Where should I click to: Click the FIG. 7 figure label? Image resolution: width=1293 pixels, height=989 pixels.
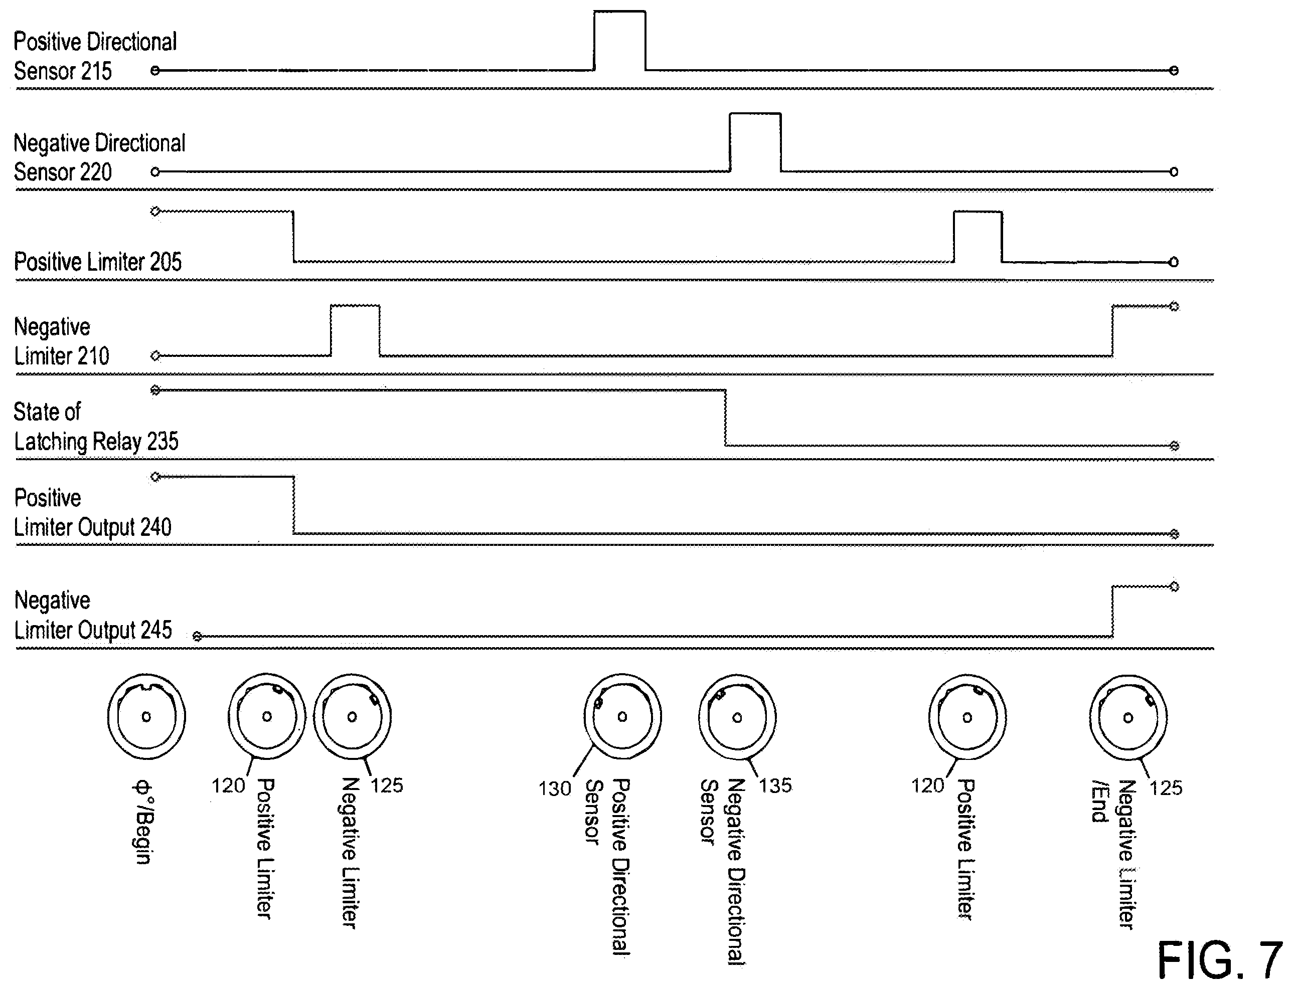pos(1219,959)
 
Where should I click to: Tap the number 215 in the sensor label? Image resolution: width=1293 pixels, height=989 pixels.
pos(96,71)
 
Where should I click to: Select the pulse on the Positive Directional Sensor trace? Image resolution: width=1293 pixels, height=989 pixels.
pos(620,40)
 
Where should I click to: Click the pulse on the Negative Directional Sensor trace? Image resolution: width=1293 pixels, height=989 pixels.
pos(756,142)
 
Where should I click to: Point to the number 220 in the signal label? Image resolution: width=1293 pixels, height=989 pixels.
pos(96,172)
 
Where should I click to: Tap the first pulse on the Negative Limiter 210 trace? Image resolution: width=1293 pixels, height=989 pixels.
pos(355,330)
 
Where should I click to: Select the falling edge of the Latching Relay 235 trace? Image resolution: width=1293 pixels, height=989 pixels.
pos(725,418)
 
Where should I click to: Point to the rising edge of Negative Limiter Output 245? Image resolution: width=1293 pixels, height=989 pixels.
pos(1112,611)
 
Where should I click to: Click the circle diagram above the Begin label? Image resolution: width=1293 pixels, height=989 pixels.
pos(146,716)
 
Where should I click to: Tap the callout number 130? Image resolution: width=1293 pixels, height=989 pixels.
pos(555,788)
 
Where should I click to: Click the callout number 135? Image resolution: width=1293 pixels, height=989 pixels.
pos(775,785)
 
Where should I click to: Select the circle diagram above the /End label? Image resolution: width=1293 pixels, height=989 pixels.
pos(1128,717)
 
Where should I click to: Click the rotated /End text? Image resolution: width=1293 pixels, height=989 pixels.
pos(1099,801)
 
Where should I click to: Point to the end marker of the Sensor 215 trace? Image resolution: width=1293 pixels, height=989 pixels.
pos(1174,71)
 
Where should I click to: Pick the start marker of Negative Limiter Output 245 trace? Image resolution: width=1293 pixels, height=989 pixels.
pos(197,637)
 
